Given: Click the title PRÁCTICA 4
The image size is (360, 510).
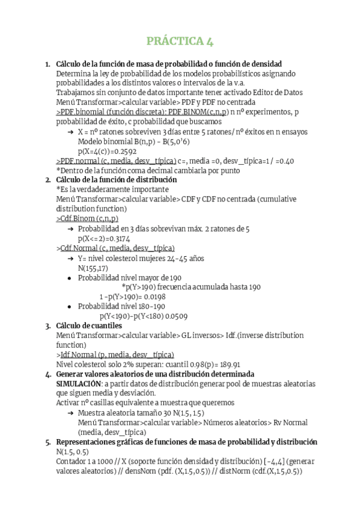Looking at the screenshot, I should (180, 41).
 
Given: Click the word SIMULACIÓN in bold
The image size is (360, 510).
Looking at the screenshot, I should (78, 382).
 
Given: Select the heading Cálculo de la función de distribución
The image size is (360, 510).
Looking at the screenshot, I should (117, 180).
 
